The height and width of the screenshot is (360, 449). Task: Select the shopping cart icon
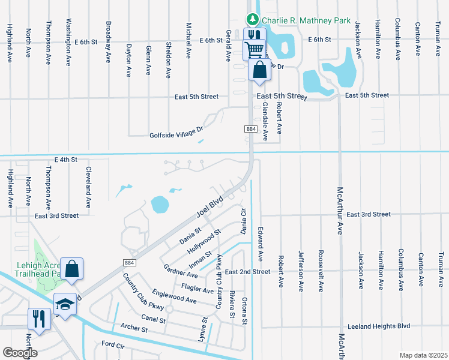[x=254, y=49]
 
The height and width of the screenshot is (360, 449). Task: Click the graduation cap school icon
[x=65, y=303]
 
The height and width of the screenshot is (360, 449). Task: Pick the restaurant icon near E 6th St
[x=254, y=36]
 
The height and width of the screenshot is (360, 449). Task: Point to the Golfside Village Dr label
[x=176, y=135]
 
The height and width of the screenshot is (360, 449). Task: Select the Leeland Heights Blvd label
[x=382, y=326]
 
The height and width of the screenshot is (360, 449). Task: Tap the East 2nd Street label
[x=248, y=272]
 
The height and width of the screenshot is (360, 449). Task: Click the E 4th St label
[x=66, y=160]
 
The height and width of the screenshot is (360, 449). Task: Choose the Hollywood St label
[x=203, y=240]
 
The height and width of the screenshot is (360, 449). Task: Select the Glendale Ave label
[x=265, y=122]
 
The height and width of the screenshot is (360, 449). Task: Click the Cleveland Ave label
[x=88, y=187]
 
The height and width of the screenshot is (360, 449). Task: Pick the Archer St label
[x=134, y=329]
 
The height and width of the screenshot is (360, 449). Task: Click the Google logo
[x=20, y=353]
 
